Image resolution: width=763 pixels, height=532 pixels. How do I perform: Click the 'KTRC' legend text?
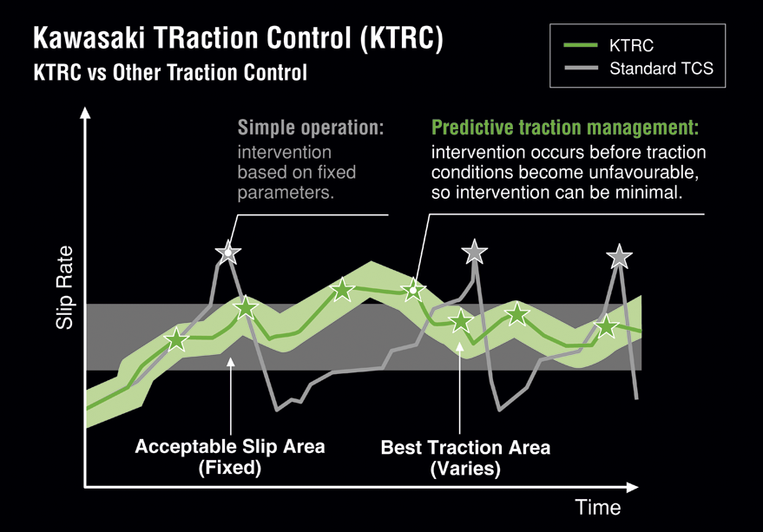tap(631, 46)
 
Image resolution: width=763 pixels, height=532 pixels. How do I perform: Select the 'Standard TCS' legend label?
tap(661, 69)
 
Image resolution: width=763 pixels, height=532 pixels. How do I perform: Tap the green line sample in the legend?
tap(581, 45)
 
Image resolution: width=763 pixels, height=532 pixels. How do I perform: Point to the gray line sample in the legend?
tap(581, 69)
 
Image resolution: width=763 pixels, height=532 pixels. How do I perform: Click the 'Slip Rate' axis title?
tap(64, 287)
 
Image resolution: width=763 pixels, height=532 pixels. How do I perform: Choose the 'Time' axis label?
tap(598, 508)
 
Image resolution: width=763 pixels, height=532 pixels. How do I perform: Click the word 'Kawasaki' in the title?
tap(89, 37)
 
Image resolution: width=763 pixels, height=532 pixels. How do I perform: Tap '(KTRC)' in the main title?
tap(402, 38)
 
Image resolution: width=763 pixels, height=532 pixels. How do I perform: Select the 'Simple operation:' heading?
tap(311, 128)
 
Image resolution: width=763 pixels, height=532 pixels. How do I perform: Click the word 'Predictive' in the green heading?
tap(472, 128)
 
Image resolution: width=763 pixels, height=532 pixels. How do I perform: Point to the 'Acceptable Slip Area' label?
tap(230, 446)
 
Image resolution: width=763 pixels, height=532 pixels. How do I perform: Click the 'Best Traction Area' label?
tap(465, 447)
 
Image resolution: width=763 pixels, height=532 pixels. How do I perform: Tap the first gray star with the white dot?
tap(227, 253)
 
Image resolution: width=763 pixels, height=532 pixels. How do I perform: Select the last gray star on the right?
tap(619, 257)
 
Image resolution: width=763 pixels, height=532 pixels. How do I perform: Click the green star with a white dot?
tap(413, 291)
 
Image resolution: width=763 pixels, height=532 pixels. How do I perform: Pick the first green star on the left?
tap(176, 339)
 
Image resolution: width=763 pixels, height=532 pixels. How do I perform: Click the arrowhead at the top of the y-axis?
tap(85, 113)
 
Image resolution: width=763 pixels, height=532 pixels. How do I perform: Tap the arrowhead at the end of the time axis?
tap(632, 487)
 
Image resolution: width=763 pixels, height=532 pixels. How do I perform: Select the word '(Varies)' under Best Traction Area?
tap(465, 469)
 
